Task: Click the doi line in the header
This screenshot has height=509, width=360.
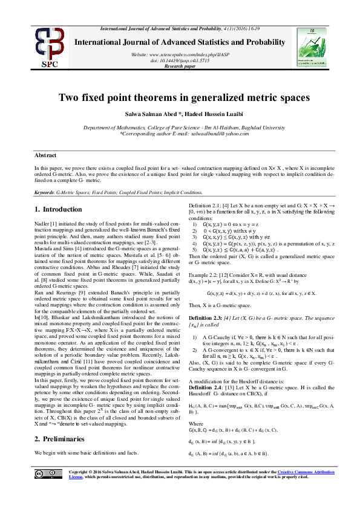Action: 180,61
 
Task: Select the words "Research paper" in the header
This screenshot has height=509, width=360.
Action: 180,67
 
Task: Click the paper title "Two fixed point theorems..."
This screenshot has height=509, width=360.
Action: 180,97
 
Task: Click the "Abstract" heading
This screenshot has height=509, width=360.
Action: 46,155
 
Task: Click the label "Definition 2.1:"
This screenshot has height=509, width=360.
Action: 205,207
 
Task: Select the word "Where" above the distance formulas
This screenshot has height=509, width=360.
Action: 195,423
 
